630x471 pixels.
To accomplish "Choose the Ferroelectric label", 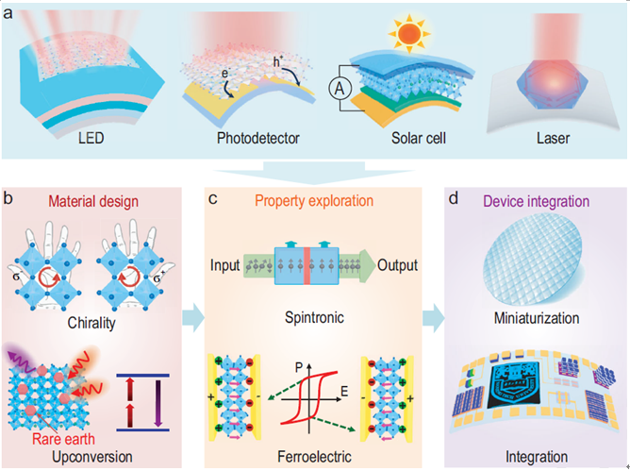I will coord(310,457).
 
